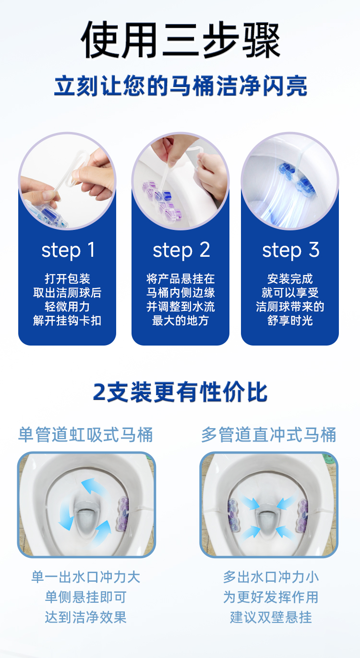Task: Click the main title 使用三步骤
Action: coord(180,40)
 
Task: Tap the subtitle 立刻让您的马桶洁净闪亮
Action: coord(180,85)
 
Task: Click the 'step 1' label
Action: coord(68,250)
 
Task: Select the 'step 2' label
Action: coord(181,250)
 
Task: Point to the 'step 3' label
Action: coord(291,250)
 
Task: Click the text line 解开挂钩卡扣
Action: coord(67,321)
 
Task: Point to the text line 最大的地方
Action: coord(180,321)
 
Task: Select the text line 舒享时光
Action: coord(290,321)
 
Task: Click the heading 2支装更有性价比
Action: coord(180,392)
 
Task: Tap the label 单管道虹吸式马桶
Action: coord(85,435)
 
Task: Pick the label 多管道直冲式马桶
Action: coord(269,435)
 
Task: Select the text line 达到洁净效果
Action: coord(85,617)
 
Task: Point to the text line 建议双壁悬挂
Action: coord(271,617)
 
